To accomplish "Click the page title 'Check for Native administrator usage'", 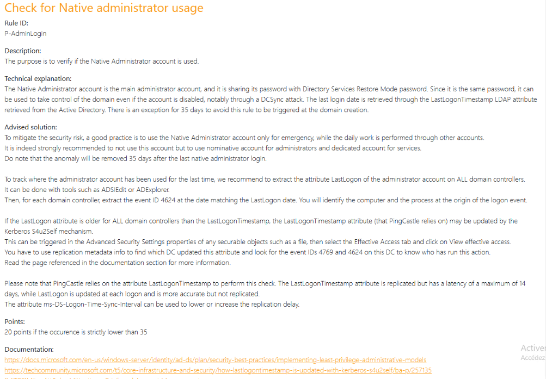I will tap(103, 8).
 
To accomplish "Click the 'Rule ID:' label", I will tap(16, 23).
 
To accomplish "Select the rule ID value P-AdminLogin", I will tap(26, 33).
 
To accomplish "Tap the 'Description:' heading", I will tap(23, 51).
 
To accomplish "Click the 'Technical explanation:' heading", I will tap(38, 79).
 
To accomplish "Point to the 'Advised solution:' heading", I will tap(30, 127).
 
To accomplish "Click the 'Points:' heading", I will tap(15, 322).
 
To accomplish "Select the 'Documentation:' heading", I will tap(29, 350).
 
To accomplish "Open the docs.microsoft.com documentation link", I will tap(215, 360).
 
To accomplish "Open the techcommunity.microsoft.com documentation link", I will tap(218, 370).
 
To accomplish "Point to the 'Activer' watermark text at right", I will tap(532, 348).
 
